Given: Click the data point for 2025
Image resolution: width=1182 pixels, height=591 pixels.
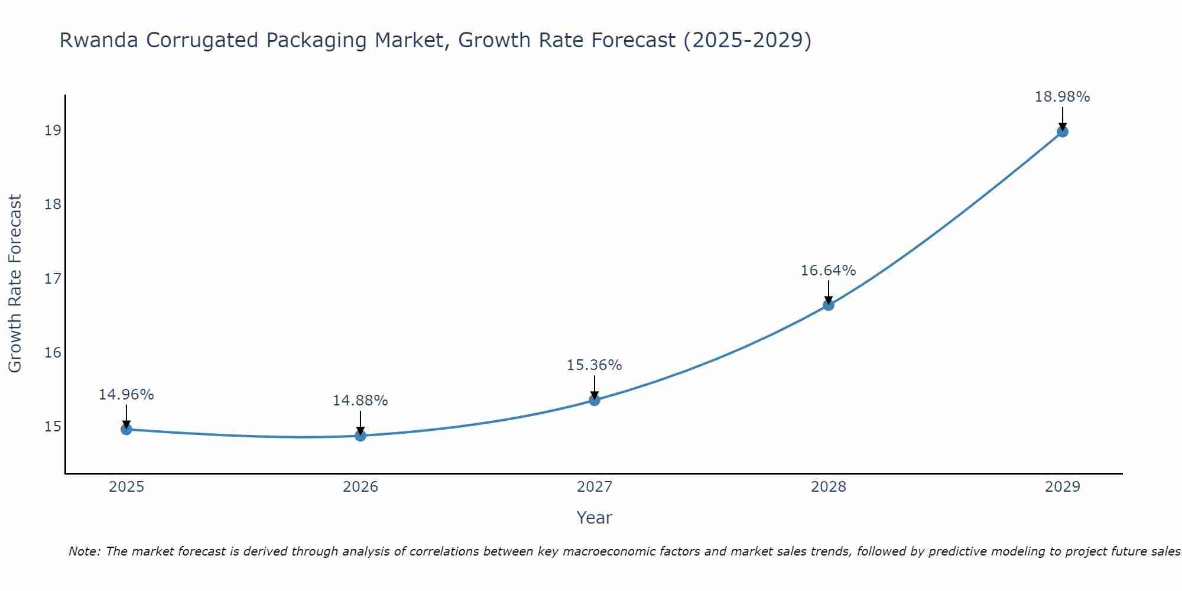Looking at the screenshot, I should [126, 429].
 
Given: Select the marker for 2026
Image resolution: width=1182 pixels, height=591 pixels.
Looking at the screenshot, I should [361, 436].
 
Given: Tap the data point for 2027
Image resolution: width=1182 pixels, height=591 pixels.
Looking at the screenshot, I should [595, 400].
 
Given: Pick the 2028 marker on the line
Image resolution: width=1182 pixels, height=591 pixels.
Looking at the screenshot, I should [829, 305].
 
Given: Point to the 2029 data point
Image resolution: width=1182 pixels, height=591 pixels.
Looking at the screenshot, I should [1062, 131].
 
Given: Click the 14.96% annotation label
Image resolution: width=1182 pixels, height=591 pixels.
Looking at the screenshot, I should [126, 395].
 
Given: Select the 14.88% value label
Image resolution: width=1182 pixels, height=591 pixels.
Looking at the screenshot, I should [361, 401].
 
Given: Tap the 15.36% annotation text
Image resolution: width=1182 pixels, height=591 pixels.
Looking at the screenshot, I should [595, 365].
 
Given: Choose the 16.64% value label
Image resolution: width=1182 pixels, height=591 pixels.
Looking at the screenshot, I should [829, 271].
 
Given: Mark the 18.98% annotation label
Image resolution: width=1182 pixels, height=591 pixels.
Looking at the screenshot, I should [1062, 97].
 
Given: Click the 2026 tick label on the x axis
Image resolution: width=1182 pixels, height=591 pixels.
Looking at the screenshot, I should [361, 487].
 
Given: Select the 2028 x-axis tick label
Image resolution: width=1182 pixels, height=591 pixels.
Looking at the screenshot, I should [829, 487].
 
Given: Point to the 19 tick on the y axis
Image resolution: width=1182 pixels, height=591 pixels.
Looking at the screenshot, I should [53, 131].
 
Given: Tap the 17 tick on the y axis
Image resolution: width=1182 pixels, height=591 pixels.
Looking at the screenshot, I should [53, 278].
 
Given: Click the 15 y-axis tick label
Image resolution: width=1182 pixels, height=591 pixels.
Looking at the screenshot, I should [53, 427].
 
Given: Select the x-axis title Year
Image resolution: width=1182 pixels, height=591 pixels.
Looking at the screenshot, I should [595, 518].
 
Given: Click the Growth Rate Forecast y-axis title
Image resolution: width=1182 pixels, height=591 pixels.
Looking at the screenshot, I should [15, 284].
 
